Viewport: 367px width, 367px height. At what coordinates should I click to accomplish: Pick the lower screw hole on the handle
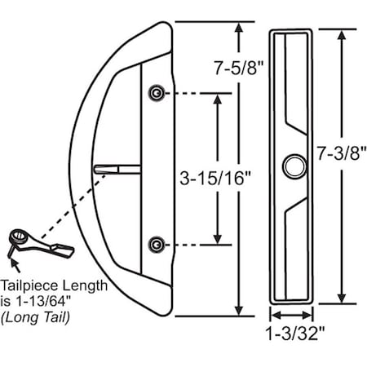coord(154,244)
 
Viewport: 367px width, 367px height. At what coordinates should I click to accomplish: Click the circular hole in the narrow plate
coord(291,167)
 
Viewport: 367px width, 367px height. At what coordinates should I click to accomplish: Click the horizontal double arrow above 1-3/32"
coord(292,315)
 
